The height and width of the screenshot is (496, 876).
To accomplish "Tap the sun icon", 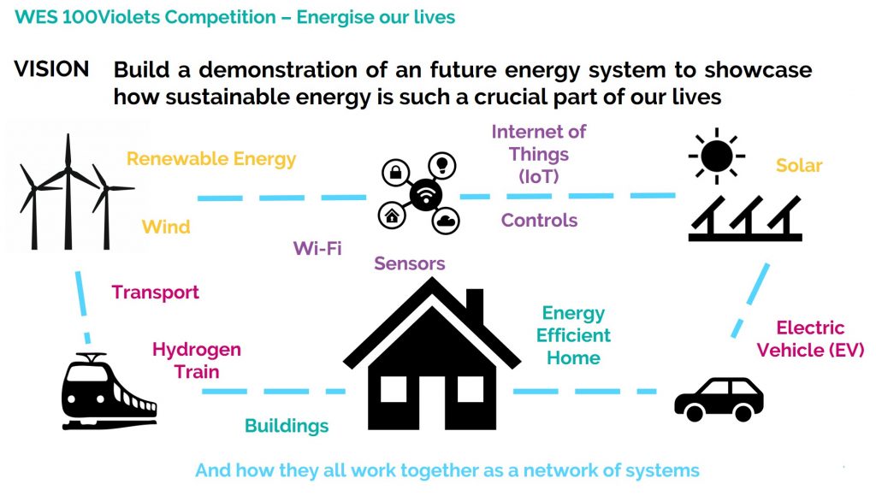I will point(716,156).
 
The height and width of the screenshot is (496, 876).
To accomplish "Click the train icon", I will point(109,392).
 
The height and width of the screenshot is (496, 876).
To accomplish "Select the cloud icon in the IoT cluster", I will point(444,221).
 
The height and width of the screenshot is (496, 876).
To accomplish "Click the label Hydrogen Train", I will point(197,360).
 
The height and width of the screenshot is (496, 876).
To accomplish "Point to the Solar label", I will point(799,165).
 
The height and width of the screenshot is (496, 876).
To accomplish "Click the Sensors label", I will point(410,263).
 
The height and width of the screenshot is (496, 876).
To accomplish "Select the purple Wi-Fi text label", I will point(317,249).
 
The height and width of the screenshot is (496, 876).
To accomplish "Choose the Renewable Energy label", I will point(211,158).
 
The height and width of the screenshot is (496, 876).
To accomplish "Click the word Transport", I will point(155,292).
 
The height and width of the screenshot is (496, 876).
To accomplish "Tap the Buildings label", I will point(287,426).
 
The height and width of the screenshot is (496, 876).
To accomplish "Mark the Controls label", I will point(539,221).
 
